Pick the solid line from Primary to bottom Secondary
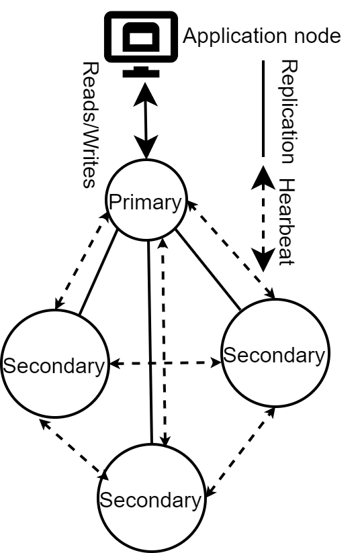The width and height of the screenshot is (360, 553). click(x=150, y=342)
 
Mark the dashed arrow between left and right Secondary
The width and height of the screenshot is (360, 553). click(x=165, y=364)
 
